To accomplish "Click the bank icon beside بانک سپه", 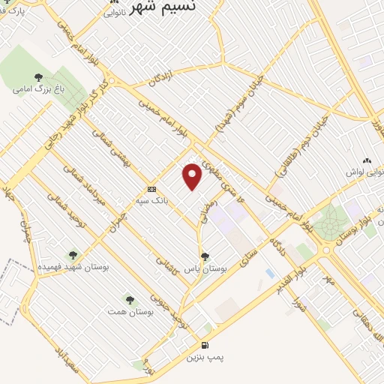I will click(x=151, y=188).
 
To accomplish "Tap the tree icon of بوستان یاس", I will click(x=205, y=256).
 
